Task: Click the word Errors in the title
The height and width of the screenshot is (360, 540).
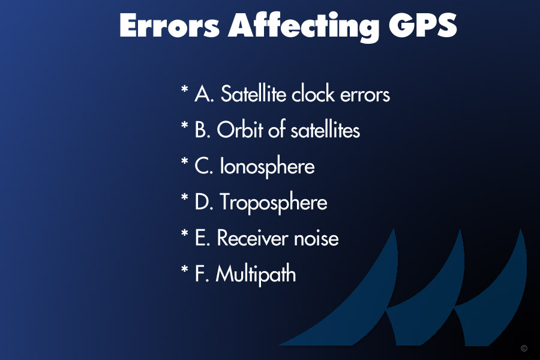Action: [x=169, y=25]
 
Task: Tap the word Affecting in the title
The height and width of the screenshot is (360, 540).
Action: [x=304, y=27]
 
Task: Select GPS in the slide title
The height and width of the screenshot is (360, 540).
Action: [x=423, y=25]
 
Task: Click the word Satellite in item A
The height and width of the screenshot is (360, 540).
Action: [x=253, y=94]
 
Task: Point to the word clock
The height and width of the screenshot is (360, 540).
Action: [x=313, y=94]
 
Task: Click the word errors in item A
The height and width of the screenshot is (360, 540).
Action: [x=365, y=95]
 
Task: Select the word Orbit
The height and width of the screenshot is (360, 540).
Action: [x=239, y=130]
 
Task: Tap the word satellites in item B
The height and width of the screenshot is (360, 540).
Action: [x=325, y=130]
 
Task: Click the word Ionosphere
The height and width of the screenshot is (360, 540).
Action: [x=267, y=167]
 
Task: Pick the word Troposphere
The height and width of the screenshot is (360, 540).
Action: [x=274, y=203]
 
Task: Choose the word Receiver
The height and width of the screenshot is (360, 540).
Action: [x=253, y=238]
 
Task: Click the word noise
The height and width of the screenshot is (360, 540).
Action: [x=316, y=238]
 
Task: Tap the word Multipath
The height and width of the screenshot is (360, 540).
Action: [x=256, y=275]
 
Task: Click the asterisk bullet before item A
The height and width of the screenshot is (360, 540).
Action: [x=185, y=89]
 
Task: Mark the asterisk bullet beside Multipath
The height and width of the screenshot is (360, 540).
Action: [x=185, y=269]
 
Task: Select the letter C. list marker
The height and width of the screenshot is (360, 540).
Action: [x=204, y=166]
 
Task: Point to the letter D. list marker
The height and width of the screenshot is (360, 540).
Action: [x=204, y=202]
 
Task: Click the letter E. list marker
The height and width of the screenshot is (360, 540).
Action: [x=203, y=238]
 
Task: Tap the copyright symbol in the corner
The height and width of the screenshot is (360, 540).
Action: [x=524, y=348]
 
